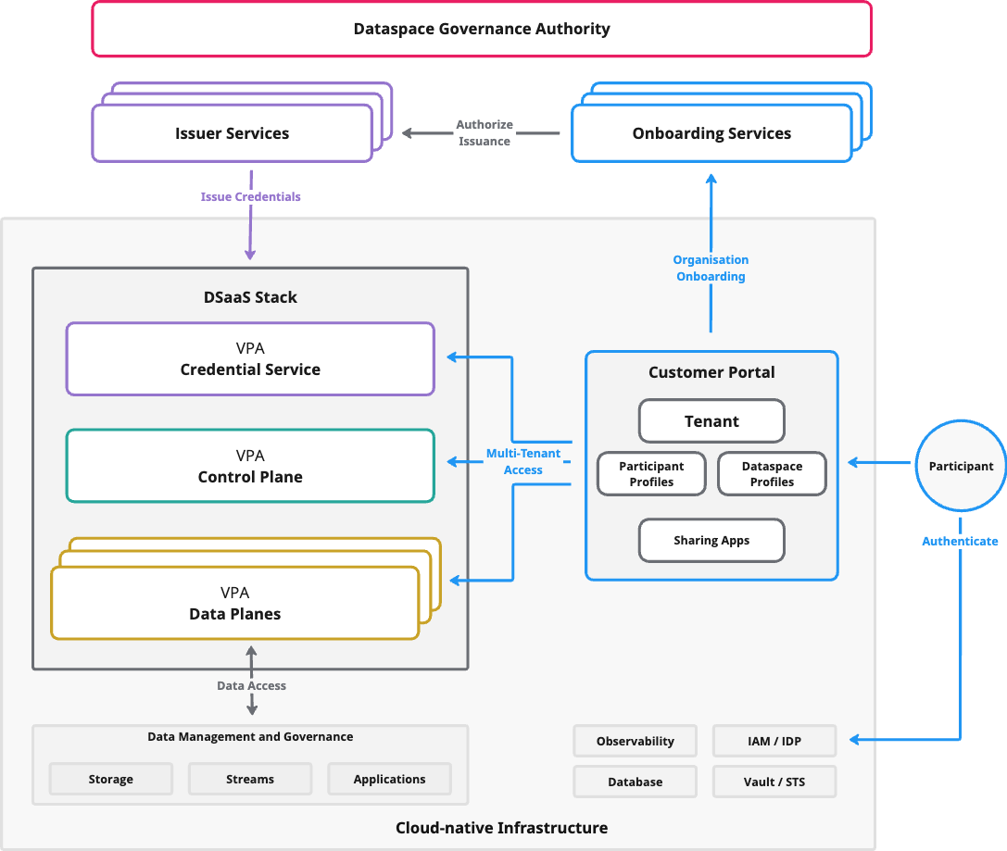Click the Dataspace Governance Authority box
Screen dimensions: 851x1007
(x=482, y=29)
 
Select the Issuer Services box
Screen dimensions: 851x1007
(x=232, y=133)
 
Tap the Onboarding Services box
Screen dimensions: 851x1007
(x=711, y=133)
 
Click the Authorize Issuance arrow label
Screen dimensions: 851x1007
(x=485, y=132)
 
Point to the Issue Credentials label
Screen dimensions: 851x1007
(x=250, y=196)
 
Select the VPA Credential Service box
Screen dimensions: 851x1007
(x=250, y=358)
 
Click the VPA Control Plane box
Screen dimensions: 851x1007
(x=250, y=466)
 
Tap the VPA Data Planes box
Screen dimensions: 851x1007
(x=234, y=603)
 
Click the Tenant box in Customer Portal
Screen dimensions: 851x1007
(x=711, y=421)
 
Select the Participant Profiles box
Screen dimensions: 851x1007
(x=651, y=474)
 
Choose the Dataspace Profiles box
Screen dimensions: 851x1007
(x=772, y=474)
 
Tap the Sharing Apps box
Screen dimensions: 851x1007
(x=711, y=540)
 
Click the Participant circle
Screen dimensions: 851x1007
(x=961, y=466)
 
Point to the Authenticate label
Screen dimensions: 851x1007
(x=960, y=541)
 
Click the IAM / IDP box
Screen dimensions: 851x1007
(x=774, y=741)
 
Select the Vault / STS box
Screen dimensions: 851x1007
(x=774, y=782)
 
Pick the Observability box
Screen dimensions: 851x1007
(x=635, y=741)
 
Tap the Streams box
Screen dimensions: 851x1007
(x=250, y=779)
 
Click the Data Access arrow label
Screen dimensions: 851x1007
(x=251, y=685)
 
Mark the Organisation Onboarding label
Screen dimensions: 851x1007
(x=711, y=268)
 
